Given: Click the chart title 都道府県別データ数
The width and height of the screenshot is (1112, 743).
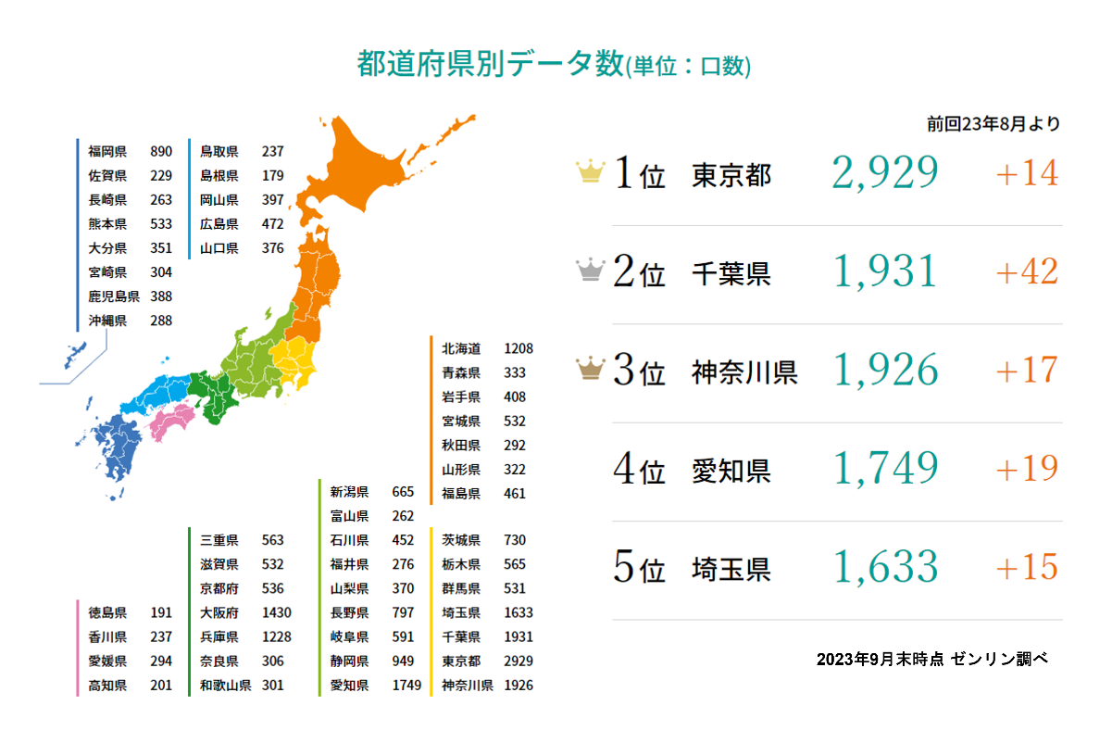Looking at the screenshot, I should click(x=491, y=65).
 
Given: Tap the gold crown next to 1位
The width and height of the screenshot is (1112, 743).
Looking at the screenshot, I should click(x=590, y=172).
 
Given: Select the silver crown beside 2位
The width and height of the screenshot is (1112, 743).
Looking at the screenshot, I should click(x=590, y=271).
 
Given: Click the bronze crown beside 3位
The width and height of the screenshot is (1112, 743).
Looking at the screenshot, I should click(x=590, y=371).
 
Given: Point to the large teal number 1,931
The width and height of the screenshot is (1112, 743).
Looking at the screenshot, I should click(x=886, y=271).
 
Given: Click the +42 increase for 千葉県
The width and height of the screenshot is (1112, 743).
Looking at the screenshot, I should click(x=1027, y=271).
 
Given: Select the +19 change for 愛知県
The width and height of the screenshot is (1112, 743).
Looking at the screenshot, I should click(x=1027, y=469).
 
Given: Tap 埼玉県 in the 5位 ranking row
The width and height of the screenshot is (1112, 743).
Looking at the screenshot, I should click(x=731, y=568).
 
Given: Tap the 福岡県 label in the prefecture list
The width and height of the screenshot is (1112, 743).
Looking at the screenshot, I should click(x=107, y=151).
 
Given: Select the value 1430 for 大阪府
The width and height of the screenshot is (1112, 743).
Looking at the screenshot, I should click(x=276, y=612).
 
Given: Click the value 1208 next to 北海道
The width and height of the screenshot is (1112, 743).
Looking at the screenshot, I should click(x=519, y=348).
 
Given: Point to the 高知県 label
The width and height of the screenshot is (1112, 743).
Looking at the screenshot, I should click(x=107, y=686).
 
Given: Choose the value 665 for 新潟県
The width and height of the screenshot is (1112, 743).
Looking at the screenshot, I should click(x=403, y=491).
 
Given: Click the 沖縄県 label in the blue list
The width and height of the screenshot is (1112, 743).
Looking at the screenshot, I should click(x=107, y=321).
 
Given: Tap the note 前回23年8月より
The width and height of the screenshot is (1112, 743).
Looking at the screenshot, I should click(x=993, y=124).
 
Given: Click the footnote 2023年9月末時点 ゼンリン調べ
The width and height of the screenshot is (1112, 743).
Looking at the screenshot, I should click(x=931, y=659).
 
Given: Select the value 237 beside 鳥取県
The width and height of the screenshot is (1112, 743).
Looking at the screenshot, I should click(x=272, y=151).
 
